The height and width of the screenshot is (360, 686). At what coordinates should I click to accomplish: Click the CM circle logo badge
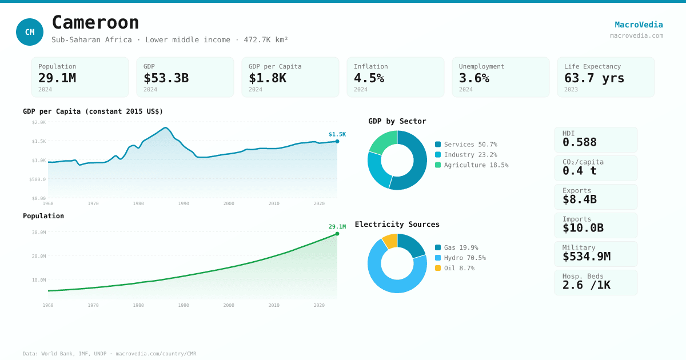30,32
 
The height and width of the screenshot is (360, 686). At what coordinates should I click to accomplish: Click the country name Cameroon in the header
95,22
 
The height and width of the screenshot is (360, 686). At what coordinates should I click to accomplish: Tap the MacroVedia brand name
639,25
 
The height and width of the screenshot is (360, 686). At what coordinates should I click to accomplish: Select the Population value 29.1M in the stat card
57,78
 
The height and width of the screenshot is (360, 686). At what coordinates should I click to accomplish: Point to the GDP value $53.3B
166,78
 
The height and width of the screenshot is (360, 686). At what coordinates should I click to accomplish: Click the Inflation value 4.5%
369,78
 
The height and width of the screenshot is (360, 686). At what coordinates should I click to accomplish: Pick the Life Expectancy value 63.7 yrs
594,78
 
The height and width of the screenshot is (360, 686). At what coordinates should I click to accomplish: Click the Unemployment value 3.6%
474,78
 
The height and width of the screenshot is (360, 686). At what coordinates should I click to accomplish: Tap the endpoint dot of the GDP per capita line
337,141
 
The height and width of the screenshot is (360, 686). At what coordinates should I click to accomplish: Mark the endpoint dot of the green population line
337,234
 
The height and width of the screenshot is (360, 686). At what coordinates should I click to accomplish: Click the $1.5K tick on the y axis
39,141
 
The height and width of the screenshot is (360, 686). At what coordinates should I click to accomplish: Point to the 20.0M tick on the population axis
39,256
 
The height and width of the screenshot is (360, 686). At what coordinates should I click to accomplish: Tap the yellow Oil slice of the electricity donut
390,241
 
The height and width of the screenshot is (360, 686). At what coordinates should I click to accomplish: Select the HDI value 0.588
579,142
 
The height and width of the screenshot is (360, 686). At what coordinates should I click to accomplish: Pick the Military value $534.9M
586,257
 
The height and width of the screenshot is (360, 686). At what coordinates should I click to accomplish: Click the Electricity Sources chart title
397,225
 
